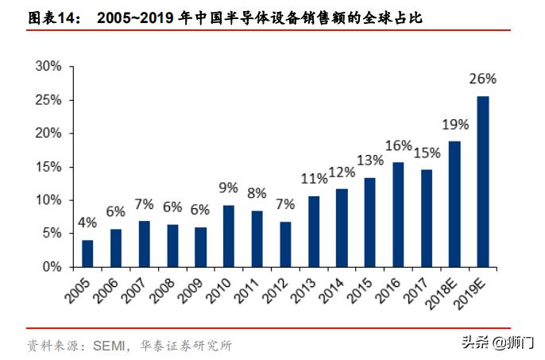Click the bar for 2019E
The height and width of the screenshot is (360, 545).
(x=483, y=181)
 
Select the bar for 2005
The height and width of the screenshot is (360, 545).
(x=87, y=253)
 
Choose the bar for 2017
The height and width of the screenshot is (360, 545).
(x=427, y=218)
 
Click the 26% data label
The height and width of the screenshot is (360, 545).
(x=483, y=79)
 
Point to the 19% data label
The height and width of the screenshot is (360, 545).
(x=455, y=124)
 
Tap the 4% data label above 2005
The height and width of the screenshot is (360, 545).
(x=87, y=223)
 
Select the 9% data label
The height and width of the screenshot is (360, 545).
(x=229, y=188)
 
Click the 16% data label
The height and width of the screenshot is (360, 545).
(x=398, y=145)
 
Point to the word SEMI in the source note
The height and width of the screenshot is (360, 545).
(x=105, y=346)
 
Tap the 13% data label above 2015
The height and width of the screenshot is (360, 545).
(x=370, y=161)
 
